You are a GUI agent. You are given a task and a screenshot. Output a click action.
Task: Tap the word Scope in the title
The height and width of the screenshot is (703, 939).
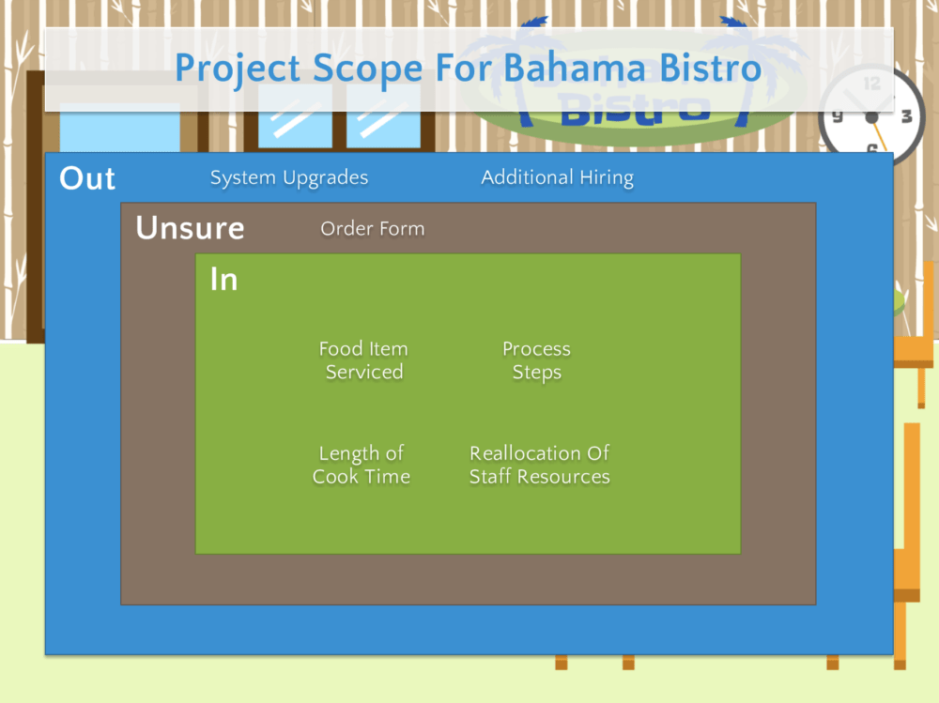coord(368,69)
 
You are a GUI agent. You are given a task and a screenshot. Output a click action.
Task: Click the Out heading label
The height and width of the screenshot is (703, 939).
coord(87,178)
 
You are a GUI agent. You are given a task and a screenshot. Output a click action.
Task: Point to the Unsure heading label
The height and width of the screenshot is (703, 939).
coord(191,228)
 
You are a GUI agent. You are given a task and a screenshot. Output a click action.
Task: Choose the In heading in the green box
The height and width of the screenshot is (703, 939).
coord(224,280)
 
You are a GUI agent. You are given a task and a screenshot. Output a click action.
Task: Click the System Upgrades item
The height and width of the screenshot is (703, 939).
coord(289,177)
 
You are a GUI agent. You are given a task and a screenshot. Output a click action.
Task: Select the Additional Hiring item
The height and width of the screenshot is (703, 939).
coord(558,177)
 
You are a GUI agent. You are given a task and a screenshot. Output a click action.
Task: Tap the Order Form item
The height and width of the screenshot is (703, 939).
coord(373,229)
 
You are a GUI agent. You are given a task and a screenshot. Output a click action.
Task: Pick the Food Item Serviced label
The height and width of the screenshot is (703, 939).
coord(363,360)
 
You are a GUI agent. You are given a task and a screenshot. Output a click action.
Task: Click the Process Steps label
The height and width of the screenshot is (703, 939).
coord(536,360)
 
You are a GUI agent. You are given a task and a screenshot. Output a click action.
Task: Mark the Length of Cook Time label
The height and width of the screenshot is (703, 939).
coord(362,465)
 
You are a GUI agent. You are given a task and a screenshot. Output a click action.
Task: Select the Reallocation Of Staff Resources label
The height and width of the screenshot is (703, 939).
coord(540,465)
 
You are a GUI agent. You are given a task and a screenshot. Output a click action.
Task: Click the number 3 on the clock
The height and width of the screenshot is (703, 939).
coord(907,116)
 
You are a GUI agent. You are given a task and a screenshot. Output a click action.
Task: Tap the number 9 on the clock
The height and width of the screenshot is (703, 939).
coord(838,116)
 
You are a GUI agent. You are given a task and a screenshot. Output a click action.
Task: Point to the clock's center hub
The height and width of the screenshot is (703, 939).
coord(872,117)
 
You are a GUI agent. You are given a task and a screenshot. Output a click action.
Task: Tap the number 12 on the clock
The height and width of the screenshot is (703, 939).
coord(872,84)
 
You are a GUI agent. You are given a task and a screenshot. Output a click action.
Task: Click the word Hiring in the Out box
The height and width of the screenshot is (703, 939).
coord(607,177)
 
